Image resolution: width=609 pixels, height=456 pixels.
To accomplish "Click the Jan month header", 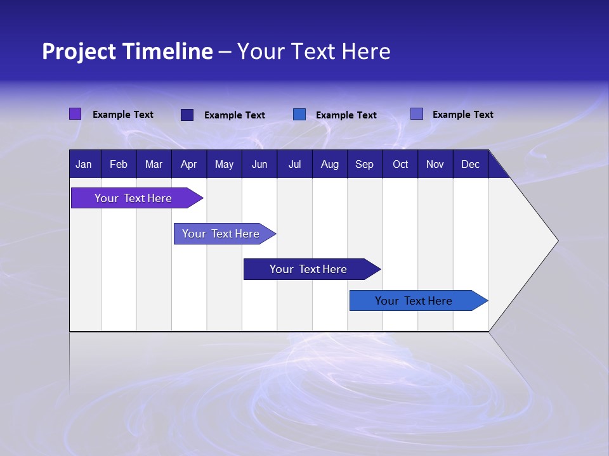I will [84, 164].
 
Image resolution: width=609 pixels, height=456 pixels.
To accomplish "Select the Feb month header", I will [119, 164].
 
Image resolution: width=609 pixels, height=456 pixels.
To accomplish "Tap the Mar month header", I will [154, 164].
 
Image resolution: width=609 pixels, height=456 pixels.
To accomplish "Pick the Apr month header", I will [189, 164].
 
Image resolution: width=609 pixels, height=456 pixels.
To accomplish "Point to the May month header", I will [224, 164].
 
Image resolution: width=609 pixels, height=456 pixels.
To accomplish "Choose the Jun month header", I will [259, 164].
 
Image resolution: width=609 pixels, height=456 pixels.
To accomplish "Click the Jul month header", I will [294, 164].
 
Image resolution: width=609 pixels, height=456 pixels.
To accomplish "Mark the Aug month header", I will [330, 164].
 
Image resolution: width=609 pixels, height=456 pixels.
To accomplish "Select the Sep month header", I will [365, 164].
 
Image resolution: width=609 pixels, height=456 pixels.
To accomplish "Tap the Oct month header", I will [400, 164].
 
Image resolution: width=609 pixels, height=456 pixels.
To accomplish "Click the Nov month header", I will [435, 164].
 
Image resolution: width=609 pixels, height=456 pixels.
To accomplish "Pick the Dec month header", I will [471, 164].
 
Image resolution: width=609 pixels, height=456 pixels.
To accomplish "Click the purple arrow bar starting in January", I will [134, 198].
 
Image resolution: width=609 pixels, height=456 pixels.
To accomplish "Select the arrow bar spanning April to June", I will [221, 234].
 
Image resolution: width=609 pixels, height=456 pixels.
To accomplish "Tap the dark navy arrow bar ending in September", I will [309, 269].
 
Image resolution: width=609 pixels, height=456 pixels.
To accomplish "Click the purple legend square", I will [75, 114].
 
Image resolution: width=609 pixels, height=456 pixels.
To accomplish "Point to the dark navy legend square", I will [187, 115].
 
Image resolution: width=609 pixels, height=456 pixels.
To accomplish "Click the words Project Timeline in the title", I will [128, 51].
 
